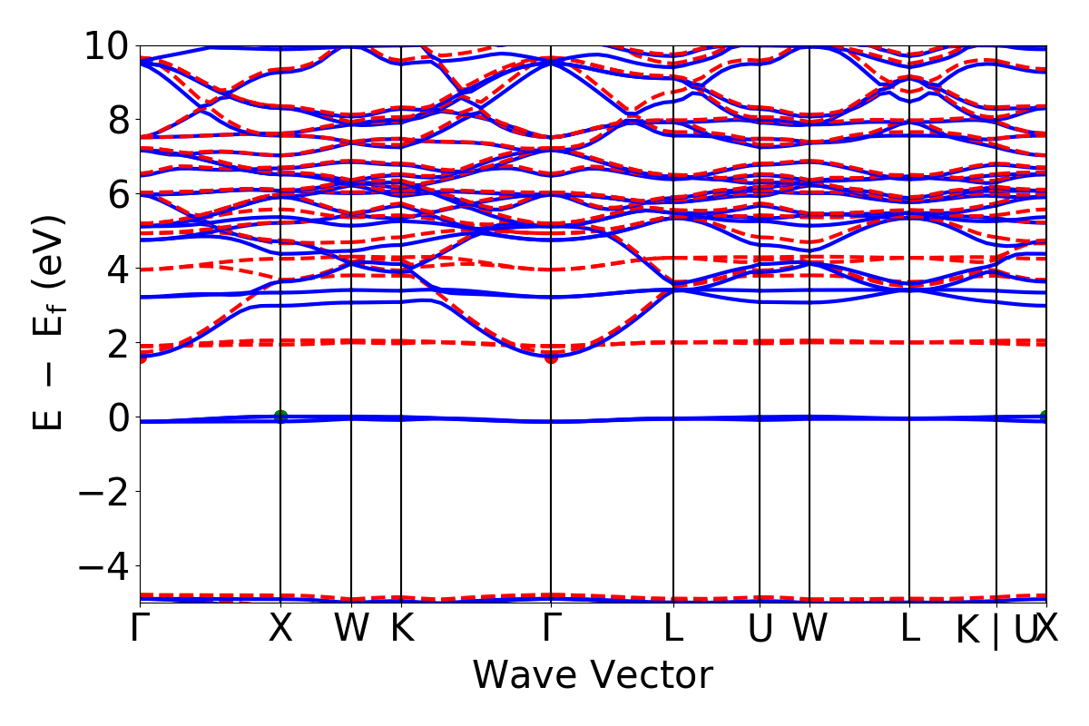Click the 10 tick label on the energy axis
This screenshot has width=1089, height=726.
(108, 45)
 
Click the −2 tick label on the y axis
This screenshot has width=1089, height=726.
(108, 492)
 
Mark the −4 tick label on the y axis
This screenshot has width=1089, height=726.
(108, 566)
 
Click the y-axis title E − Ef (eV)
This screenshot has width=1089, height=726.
(51, 322)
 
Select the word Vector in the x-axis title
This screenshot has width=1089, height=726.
(650, 676)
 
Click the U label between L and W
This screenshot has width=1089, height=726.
(760, 629)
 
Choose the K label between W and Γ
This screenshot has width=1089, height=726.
(401, 629)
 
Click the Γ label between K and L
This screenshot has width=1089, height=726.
(550, 629)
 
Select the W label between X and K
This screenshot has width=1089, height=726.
(351, 629)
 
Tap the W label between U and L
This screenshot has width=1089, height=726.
(809, 629)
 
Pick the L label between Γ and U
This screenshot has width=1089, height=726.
(673, 629)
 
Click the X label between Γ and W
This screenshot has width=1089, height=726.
(280, 629)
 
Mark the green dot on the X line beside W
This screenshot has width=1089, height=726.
(280, 417)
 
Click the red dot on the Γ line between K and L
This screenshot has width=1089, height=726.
(550, 358)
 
